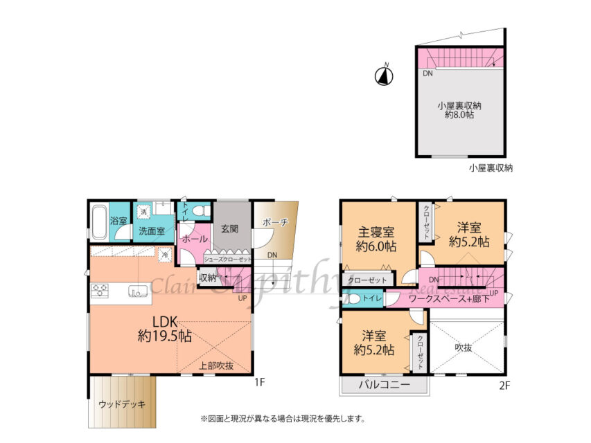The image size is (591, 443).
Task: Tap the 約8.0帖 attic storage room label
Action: point(459,110)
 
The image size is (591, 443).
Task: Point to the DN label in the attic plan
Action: point(428,73)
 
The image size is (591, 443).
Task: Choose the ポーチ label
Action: point(275,223)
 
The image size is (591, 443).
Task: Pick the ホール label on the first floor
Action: point(195,238)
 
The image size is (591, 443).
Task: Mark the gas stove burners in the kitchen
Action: point(98,291)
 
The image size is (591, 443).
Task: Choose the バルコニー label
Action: point(384,385)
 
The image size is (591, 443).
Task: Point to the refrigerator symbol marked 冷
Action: point(165,255)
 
